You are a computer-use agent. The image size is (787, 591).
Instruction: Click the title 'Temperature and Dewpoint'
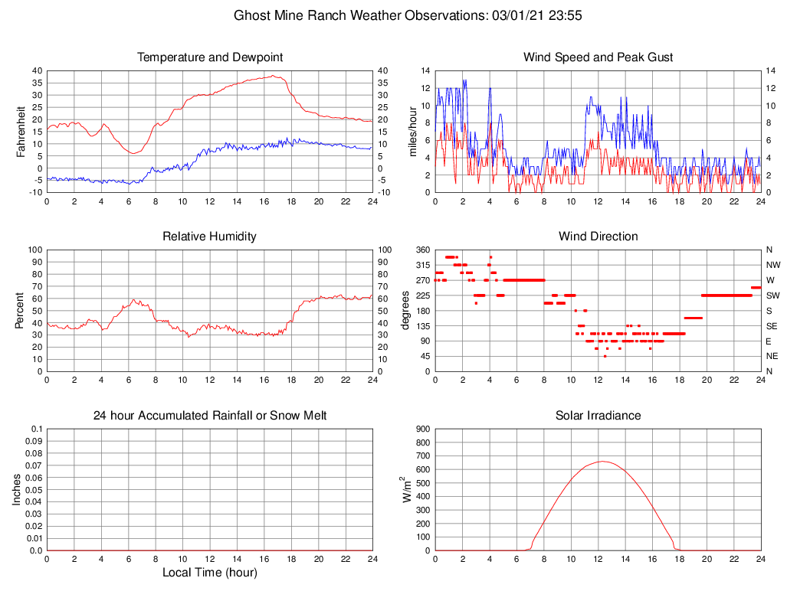209,57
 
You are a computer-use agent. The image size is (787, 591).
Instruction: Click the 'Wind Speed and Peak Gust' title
598,57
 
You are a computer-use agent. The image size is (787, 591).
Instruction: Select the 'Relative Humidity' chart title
209,237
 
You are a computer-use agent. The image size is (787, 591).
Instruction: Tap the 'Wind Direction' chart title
598,237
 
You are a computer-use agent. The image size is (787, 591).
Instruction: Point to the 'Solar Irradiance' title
598,416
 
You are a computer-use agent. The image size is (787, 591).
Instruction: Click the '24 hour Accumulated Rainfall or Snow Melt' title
209,416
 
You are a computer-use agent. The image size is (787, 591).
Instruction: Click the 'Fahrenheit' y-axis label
21,131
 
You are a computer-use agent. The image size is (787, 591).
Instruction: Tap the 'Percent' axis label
21,310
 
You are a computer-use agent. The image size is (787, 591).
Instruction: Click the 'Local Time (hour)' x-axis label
209,573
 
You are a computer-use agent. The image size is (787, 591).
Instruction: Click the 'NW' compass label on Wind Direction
770,265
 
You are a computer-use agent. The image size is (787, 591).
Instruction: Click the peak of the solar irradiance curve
602,461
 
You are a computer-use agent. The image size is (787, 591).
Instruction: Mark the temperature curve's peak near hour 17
274,76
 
